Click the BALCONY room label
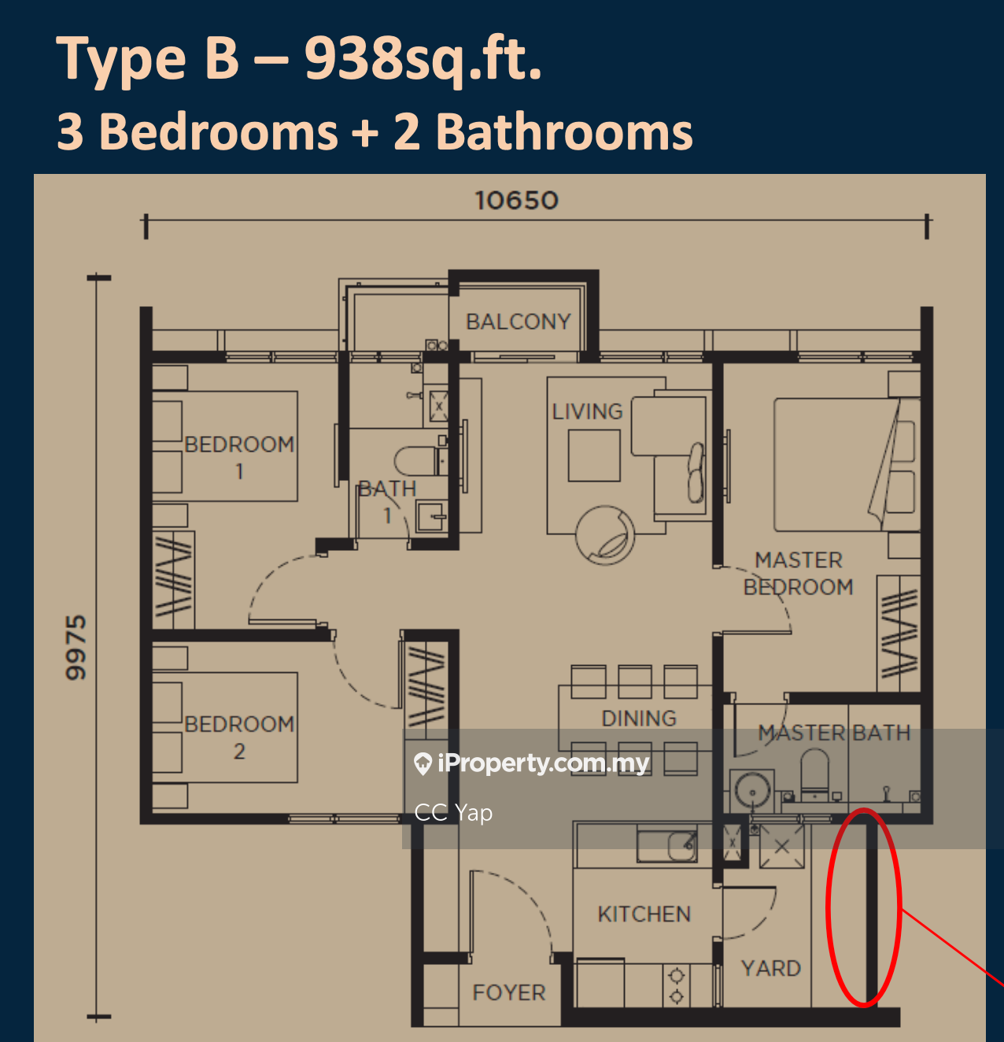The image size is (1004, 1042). (519, 322)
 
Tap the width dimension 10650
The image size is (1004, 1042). (517, 201)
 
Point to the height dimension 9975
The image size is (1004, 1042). (76, 648)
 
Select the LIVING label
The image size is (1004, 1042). (588, 412)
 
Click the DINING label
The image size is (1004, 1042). (639, 719)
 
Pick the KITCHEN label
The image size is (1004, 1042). (644, 915)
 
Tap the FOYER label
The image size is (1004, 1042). (509, 992)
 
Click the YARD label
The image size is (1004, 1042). (771, 968)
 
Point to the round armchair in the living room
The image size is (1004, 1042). (605, 535)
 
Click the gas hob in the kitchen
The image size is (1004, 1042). (677, 985)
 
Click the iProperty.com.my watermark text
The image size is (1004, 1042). (543, 763)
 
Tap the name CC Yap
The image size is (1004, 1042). (453, 813)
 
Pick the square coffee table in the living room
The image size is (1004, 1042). (594, 456)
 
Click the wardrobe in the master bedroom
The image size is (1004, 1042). (899, 634)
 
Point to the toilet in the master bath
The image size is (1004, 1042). (814, 771)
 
